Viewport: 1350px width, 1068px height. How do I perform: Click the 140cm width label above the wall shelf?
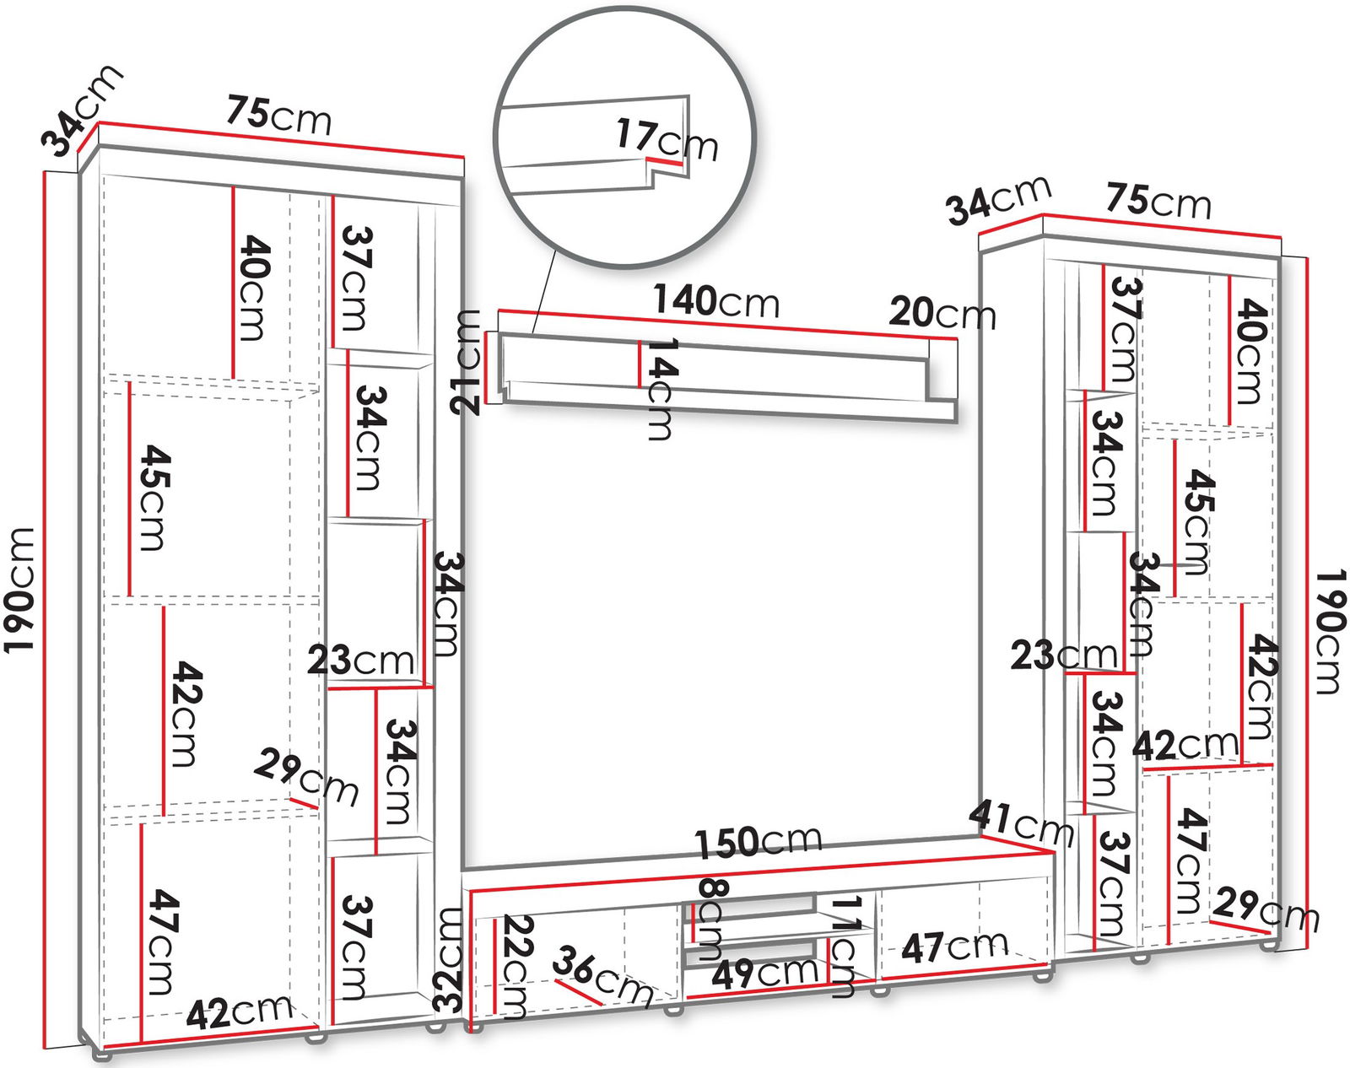715,302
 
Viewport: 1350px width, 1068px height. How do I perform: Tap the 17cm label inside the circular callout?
667,141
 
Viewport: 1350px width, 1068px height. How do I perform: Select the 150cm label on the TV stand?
758,841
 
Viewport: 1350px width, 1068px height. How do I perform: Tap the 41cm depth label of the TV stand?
1021,823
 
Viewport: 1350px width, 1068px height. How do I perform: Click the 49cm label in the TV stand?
765,974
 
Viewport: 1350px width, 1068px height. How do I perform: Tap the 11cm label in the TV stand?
843,947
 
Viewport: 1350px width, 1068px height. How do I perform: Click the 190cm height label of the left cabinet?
19,591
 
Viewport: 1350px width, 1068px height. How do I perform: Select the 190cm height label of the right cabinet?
1330,632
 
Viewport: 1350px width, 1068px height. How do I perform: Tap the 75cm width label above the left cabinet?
278,114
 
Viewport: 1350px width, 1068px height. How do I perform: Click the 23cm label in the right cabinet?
1064,656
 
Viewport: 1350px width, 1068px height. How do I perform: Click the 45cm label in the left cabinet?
154,498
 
